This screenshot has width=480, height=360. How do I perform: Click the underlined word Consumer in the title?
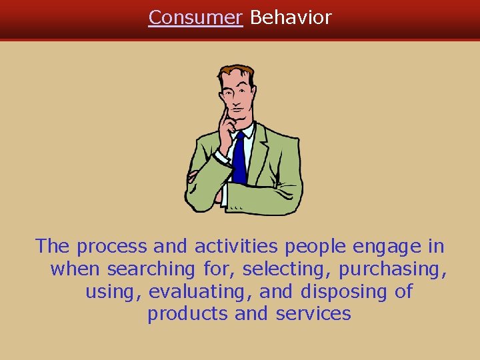pos(195,18)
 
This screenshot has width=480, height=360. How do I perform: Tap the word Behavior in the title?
pos(291,18)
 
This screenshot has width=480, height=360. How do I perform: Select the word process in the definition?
pos(111,247)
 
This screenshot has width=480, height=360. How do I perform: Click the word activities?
pos(237,247)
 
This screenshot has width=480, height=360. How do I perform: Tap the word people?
pos(315,247)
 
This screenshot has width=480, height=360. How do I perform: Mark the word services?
pos(313,314)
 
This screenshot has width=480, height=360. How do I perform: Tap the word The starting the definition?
pos(53,247)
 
